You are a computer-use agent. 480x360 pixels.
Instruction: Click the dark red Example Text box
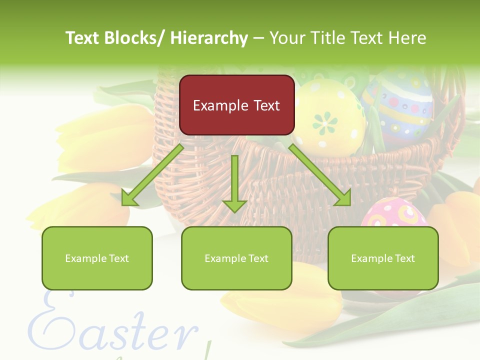(236, 105)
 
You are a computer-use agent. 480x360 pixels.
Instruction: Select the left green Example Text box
(97, 258)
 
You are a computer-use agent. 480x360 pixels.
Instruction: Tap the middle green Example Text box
(236, 258)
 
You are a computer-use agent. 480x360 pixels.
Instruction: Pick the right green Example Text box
(383, 258)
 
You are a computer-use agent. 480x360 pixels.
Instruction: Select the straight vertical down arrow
(234, 183)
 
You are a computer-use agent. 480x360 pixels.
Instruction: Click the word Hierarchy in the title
(209, 38)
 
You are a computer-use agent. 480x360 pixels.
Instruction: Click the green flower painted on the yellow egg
(325, 122)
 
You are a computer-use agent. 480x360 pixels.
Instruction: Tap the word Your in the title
(287, 38)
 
